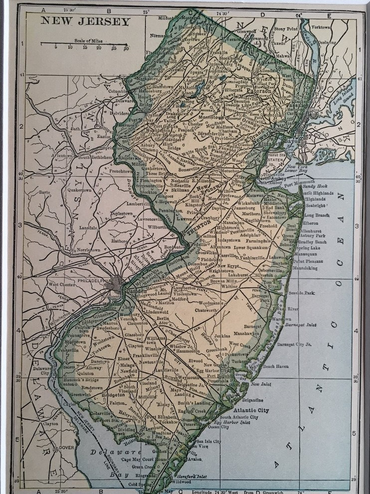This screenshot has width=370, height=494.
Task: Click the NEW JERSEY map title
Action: pyautogui.click(x=85, y=21)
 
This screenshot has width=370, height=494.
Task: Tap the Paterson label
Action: pyautogui.click(x=259, y=92)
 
